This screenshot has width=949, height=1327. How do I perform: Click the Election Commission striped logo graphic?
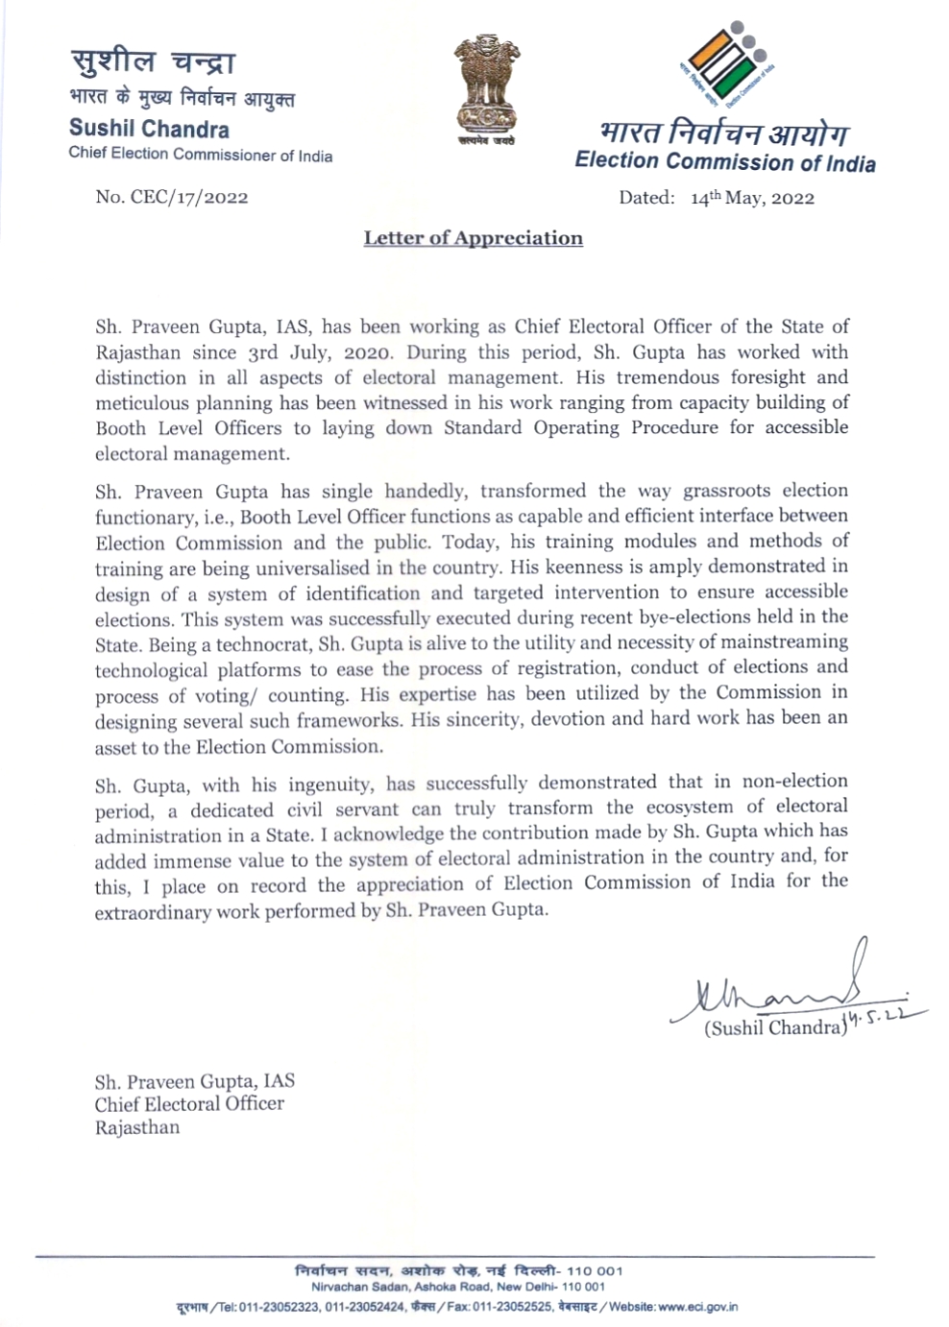coord(726,63)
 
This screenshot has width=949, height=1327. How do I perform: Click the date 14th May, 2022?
coord(752,198)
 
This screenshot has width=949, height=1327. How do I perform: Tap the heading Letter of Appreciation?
coord(473,238)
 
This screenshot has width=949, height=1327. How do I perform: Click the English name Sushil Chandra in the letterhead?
coord(149,129)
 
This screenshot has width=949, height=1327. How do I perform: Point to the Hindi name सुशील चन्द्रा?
coord(152,62)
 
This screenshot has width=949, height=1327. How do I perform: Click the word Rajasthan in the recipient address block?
coord(136,1127)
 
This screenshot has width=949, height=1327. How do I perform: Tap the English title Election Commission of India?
coord(725,161)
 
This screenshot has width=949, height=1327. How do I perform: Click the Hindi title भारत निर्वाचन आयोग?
coord(723,132)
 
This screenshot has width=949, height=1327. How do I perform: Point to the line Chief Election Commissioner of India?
coord(200,155)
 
